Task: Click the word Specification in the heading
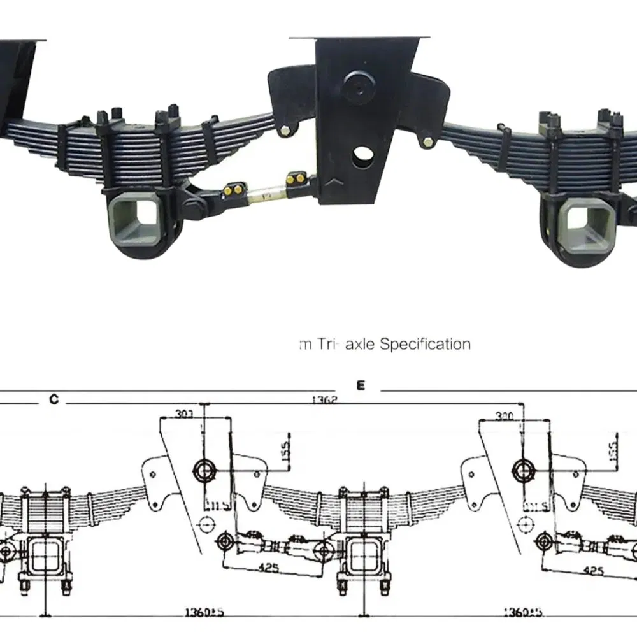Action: pyautogui.click(x=425, y=345)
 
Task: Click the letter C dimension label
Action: pyautogui.click(x=54, y=399)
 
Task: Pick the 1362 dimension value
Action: pyautogui.click(x=324, y=401)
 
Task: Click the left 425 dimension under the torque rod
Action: pyautogui.click(x=269, y=566)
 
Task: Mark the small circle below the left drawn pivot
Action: pyautogui.click(x=205, y=524)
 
